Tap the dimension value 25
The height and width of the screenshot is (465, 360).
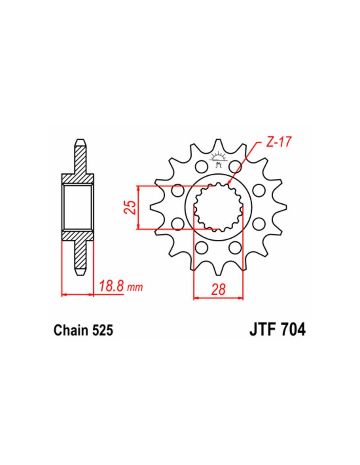click(130, 207)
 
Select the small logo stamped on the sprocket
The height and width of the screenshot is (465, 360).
click(218, 159)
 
